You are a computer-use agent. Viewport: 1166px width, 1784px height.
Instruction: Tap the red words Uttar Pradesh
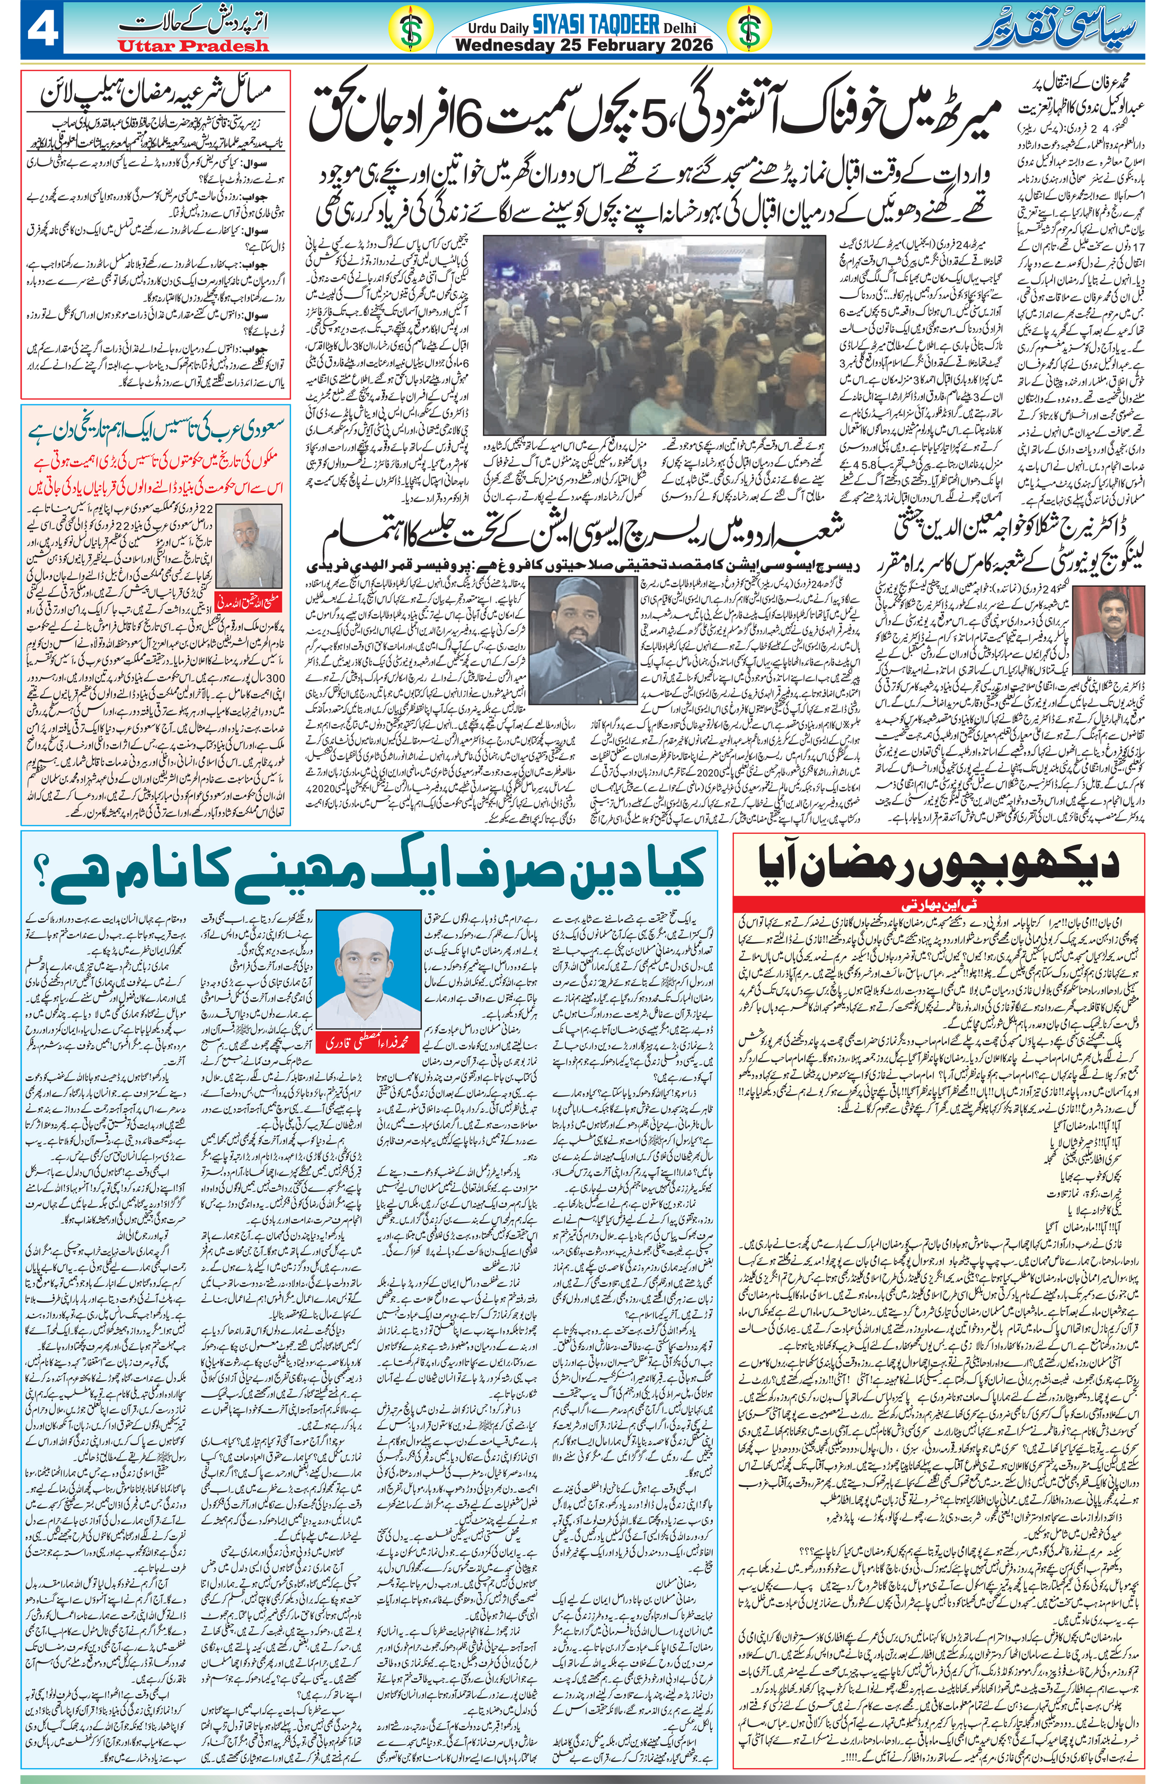tap(193, 46)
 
